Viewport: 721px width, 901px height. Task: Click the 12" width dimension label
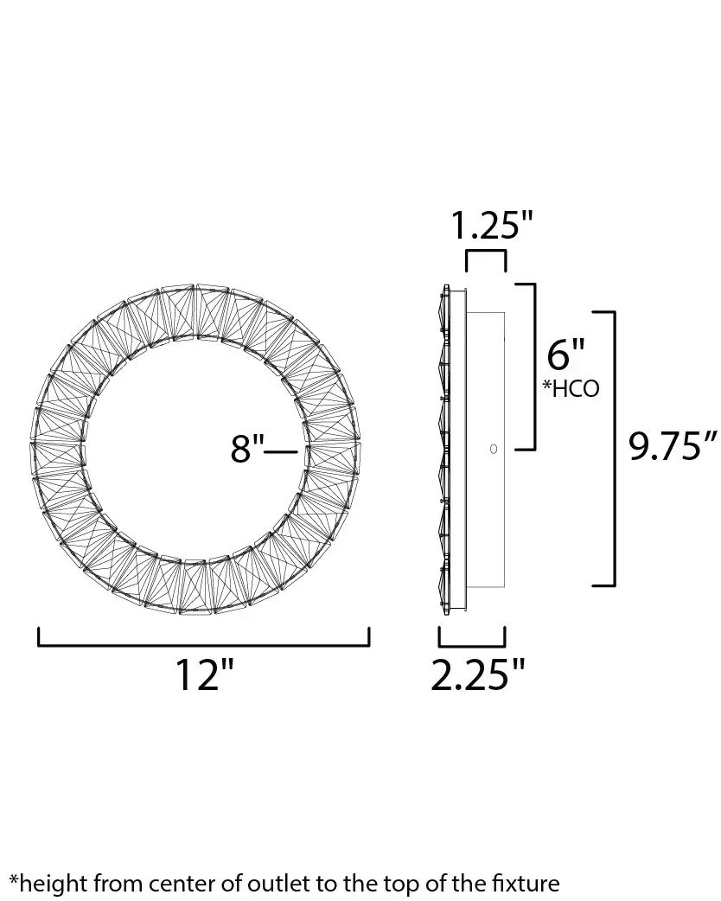point(205,675)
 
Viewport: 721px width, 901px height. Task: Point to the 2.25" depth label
point(479,675)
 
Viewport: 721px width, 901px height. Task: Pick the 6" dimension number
point(567,355)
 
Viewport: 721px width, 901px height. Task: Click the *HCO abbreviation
point(571,389)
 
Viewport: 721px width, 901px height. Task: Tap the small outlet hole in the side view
point(494,449)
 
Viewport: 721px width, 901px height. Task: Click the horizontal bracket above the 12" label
point(204,644)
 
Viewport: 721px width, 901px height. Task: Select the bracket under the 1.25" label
point(486,252)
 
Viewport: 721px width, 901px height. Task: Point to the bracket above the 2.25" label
point(472,644)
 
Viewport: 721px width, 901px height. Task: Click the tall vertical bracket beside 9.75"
point(613,448)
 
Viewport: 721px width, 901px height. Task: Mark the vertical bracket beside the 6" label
point(533,366)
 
